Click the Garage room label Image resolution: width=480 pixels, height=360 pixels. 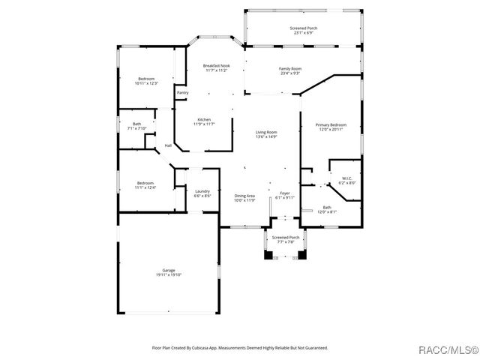(x=169, y=273)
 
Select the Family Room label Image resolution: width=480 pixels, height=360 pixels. (x=290, y=70)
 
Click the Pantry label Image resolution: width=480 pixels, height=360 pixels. (x=182, y=92)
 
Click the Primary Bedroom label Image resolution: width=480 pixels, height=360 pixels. (x=330, y=127)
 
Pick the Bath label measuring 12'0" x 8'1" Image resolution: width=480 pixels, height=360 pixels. (x=327, y=209)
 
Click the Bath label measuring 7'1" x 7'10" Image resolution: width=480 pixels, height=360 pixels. (x=136, y=126)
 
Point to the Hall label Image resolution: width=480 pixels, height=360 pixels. (x=168, y=145)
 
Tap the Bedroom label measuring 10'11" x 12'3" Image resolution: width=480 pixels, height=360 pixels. (x=145, y=81)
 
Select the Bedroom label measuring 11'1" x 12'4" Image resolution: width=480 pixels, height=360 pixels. (x=145, y=185)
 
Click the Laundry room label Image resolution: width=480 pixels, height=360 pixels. (x=202, y=193)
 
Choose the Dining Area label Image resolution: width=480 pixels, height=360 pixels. (x=244, y=198)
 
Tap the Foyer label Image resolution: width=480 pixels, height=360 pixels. (x=285, y=195)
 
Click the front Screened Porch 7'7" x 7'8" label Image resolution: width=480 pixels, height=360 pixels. (x=286, y=240)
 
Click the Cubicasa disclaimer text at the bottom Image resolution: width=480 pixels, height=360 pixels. (x=240, y=347)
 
